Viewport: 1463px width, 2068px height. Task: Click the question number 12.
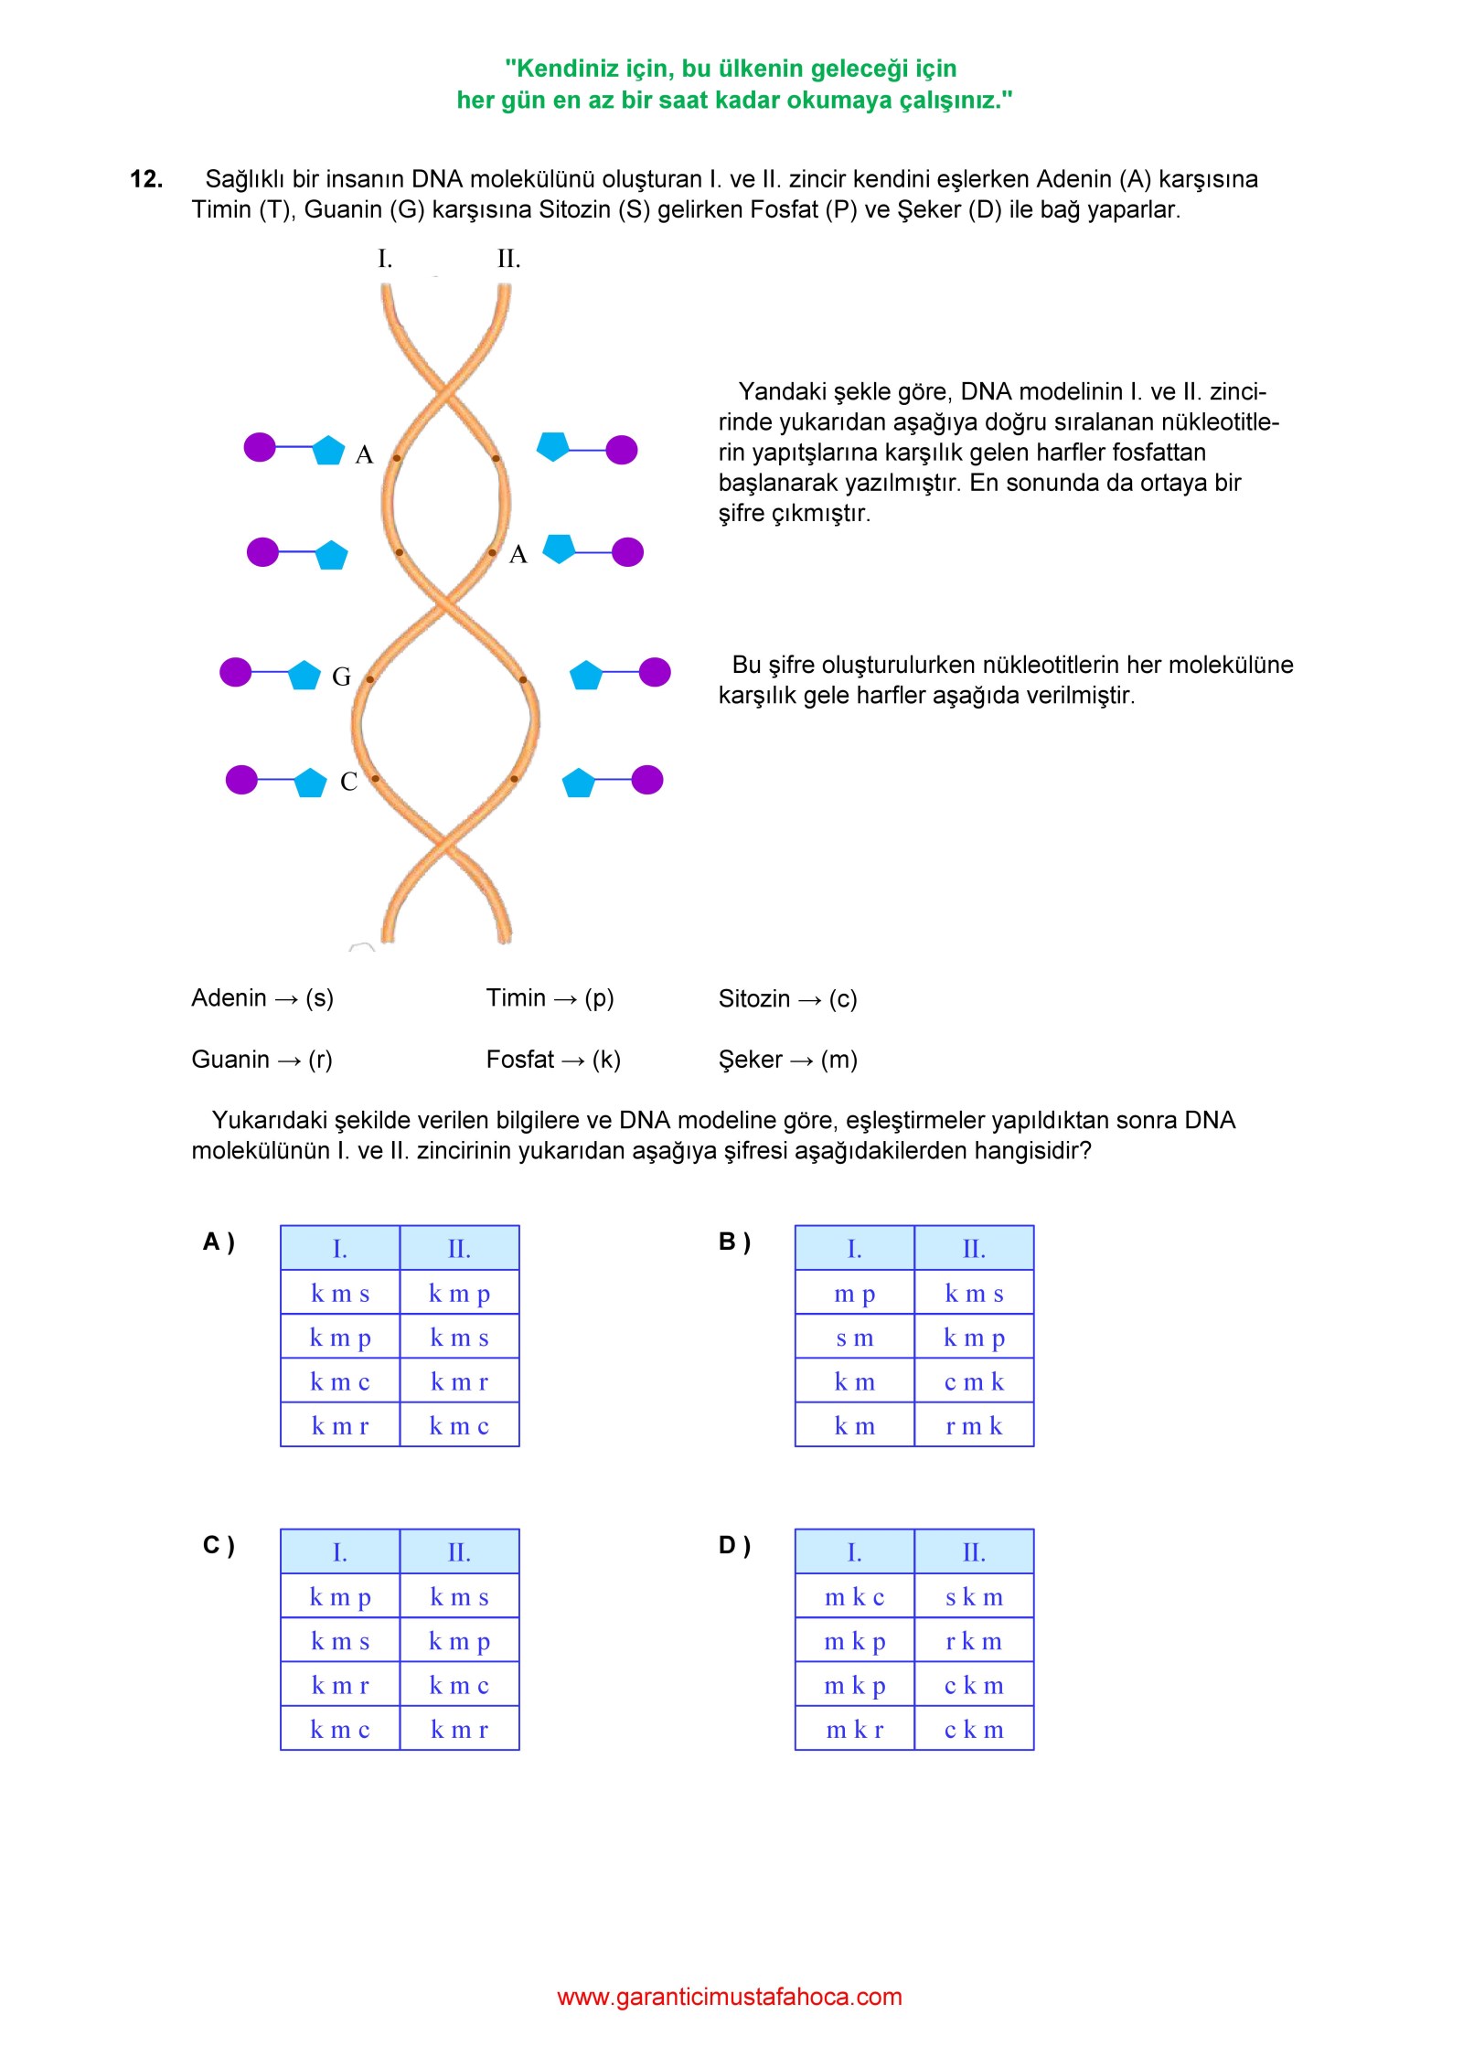(x=146, y=179)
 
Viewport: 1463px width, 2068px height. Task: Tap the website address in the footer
(x=730, y=1996)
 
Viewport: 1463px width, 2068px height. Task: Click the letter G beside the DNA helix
(x=341, y=677)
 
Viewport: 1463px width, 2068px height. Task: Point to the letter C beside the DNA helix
(x=348, y=782)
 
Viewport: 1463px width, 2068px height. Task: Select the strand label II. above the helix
(x=509, y=259)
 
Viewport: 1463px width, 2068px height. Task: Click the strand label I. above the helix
(x=385, y=259)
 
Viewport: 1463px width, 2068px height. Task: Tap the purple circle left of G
(x=236, y=672)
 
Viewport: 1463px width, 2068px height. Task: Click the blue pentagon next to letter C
(x=310, y=783)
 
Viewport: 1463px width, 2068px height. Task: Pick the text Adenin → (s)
(x=262, y=997)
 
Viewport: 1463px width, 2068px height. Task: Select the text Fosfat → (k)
(x=553, y=1060)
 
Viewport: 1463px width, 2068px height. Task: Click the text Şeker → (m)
(x=788, y=1060)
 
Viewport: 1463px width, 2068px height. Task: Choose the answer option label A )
(x=219, y=1242)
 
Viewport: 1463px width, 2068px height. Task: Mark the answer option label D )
(x=734, y=1545)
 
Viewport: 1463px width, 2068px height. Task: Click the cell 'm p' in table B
(x=855, y=1294)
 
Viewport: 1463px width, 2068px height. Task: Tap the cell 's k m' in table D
(x=974, y=1597)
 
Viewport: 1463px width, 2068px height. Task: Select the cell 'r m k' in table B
(x=974, y=1425)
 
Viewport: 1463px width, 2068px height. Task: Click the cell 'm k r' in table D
(x=855, y=1730)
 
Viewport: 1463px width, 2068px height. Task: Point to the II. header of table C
(x=459, y=1552)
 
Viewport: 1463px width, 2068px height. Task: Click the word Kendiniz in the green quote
(x=563, y=69)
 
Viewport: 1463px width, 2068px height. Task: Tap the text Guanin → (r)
(x=262, y=1060)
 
